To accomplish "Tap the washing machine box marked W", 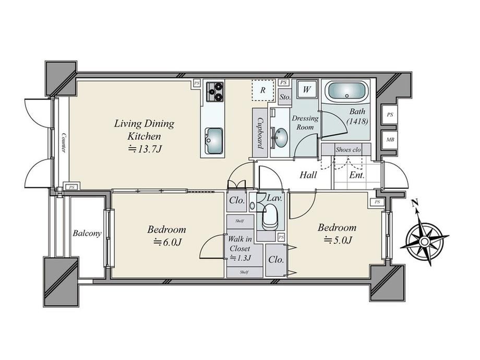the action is click(307, 89).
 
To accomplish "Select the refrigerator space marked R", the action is click(263, 90).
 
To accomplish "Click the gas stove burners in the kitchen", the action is click(215, 92).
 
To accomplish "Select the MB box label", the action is click(390, 140).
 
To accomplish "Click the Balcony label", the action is click(87, 234).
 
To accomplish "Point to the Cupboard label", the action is click(260, 133).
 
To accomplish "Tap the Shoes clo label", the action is click(349, 150).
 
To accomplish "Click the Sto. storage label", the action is click(285, 97).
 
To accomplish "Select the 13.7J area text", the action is click(145, 149).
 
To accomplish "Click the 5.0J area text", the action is click(338, 241).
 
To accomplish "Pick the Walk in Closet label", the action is click(241, 244).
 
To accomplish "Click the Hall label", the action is click(308, 175).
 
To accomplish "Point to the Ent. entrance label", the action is click(357, 175).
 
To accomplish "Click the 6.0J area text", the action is click(168, 243).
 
